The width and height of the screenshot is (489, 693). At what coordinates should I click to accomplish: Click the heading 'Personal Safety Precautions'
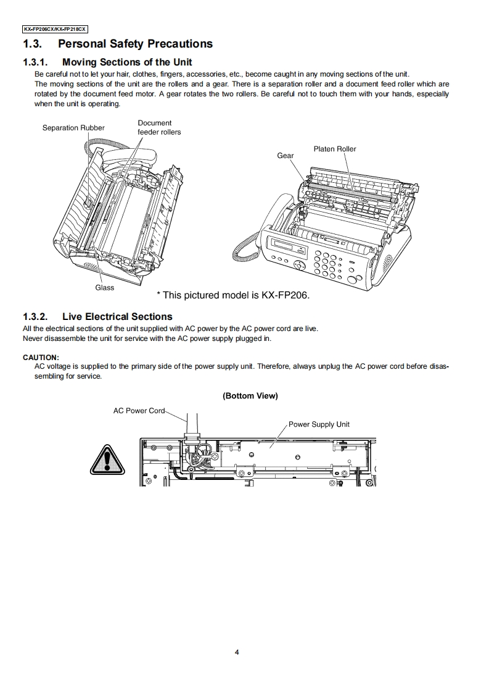tap(135, 44)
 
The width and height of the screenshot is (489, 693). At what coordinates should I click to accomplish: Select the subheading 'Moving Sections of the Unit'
tap(127, 62)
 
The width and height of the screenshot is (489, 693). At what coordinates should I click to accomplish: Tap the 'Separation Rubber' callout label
tap(73, 128)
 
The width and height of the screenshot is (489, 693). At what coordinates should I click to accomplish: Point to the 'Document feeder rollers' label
tap(159, 127)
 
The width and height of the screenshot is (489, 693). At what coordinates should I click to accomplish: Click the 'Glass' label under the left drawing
tap(104, 288)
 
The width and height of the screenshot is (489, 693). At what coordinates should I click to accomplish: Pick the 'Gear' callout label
tap(286, 156)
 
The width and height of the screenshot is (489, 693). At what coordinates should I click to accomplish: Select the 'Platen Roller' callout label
tap(335, 149)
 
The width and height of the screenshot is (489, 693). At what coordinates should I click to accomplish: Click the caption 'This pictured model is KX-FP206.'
tap(233, 295)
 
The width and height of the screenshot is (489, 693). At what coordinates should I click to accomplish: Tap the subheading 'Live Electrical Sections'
tap(117, 317)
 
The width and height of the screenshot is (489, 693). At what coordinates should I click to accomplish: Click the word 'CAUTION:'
tap(41, 357)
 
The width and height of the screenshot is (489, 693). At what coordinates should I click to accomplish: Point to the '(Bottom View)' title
tap(250, 396)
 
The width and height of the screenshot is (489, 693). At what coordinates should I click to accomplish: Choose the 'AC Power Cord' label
tap(139, 411)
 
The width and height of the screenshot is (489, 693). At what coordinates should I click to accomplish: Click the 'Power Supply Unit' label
tap(319, 424)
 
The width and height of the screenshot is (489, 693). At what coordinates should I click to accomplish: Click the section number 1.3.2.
tap(35, 317)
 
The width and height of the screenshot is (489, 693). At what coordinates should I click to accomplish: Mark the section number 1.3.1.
tap(35, 62)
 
